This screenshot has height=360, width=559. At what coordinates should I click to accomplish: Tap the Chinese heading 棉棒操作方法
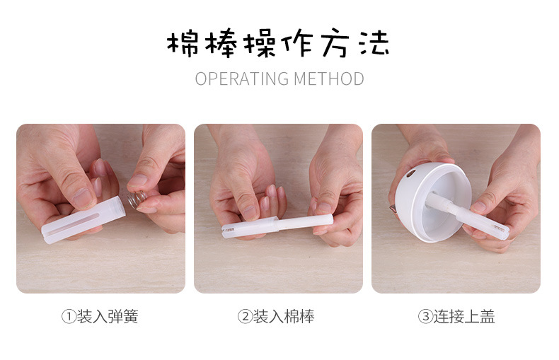tap(279, 43)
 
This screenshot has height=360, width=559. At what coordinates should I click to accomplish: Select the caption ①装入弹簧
tap(100, 317)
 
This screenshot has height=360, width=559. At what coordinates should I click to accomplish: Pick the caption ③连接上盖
tap(456, 317)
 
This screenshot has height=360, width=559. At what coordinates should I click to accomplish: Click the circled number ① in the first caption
tap(69, 317)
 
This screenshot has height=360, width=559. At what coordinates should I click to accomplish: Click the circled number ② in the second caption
tap(246, 317)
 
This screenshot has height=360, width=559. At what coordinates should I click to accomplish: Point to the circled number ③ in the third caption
tap(425, 317)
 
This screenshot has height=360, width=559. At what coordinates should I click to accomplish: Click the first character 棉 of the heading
tap(181, 43)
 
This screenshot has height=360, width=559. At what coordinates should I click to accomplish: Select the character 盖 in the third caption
tap(488, 317)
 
